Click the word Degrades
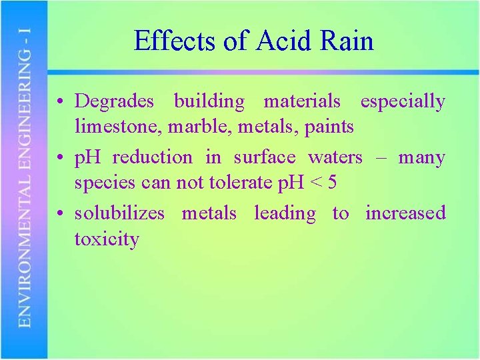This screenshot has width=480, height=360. click(x=114, y=102)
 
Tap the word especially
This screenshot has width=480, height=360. click(x=402, y=102)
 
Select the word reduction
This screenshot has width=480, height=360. click(x=152, y=158)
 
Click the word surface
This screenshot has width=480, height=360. click(x=264, y=158)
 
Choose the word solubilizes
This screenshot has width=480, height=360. click(x=119, y=213)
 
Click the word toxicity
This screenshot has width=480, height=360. click(x=107, y=238)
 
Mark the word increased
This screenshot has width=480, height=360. click(x=405, y=213)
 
